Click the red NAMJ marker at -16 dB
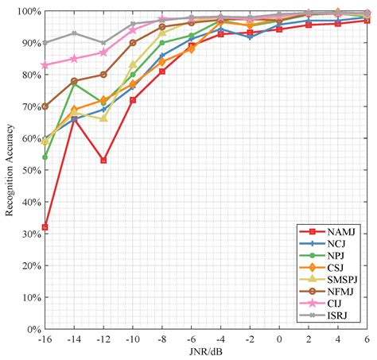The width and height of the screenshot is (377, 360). (x=45, y=227)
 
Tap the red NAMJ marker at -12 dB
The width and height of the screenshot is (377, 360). (x=103, y=161)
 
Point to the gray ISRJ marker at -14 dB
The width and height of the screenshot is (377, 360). (x=75, y=33)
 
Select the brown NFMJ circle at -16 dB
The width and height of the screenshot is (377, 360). (x=45, y=106)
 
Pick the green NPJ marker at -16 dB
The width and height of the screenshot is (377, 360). (x=45, y=157)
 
